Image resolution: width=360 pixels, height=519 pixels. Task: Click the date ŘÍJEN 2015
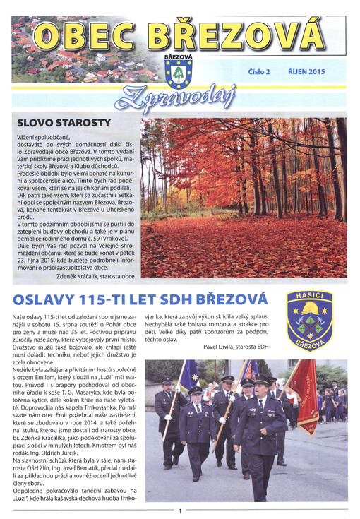(x=306, y=72)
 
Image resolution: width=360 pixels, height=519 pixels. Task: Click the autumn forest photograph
(x=244, y=198)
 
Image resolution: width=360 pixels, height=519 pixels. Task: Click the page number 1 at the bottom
(x=181, y=511)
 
